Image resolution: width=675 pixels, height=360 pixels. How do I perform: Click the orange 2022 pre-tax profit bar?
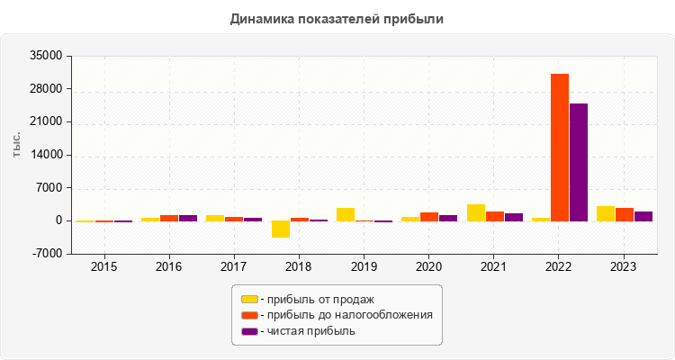coord(560,148)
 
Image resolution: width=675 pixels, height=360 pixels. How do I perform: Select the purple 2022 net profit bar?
coord(579,162)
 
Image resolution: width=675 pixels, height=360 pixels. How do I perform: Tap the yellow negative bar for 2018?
coord(280,229)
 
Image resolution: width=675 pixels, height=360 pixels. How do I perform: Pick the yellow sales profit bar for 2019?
coord(346,214)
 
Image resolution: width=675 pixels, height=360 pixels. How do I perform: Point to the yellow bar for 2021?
coord(476,212)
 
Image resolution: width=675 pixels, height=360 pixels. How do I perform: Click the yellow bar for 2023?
coord(606,213)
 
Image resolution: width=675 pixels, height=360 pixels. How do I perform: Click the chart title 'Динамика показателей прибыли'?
coord(337,18)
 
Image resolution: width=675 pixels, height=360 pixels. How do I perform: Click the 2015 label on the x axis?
coord(104,267)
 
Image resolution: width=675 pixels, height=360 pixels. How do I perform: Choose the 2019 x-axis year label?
coord(364,267)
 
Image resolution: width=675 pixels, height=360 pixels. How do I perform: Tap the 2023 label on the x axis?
coord(623,267)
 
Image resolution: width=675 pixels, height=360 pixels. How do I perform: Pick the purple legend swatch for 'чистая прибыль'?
coord(249,331)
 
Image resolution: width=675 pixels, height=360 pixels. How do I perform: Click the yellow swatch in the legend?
coord(249,299)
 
